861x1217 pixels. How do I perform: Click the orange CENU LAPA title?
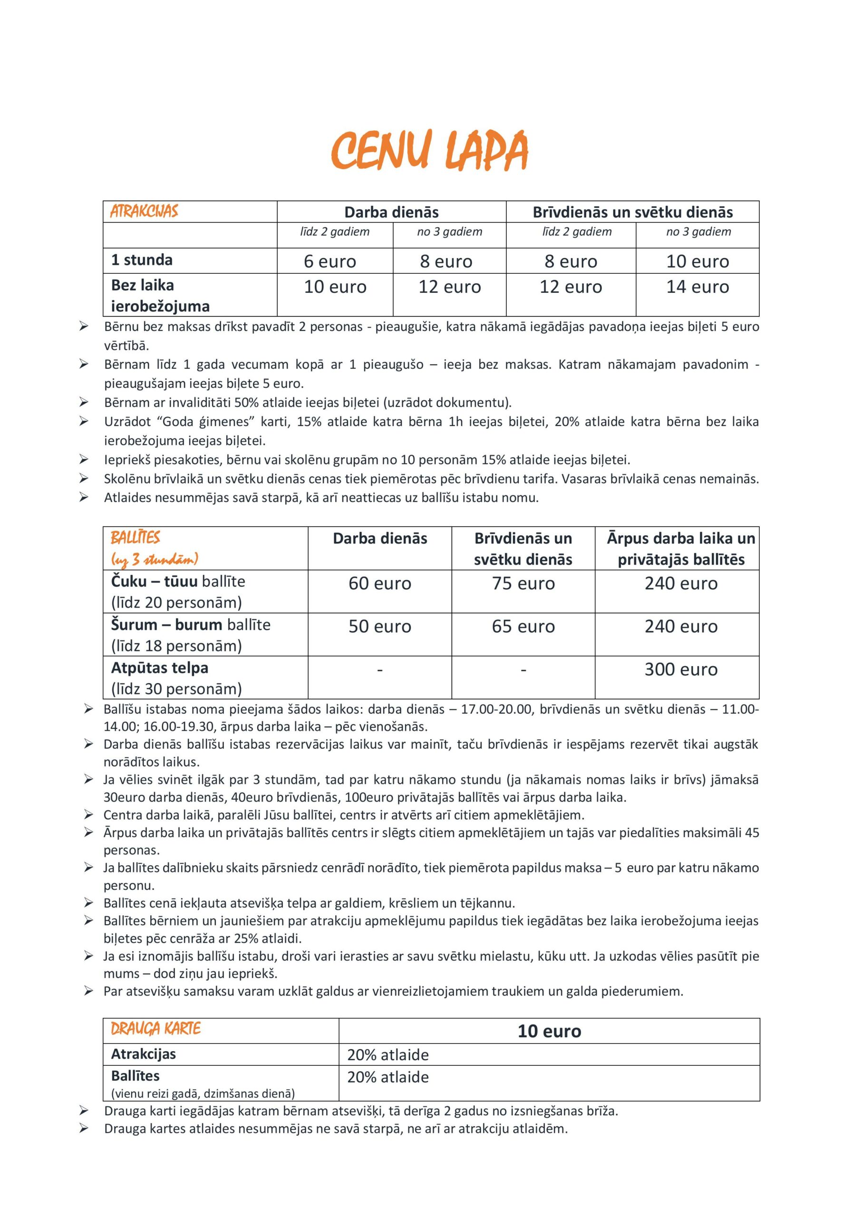(x=429, y=150)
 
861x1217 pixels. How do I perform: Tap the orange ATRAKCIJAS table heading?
(x=144, y=212)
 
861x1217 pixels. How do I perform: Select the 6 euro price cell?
(x=330, y=261)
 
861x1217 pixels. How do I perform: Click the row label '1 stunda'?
(x=142, y=260)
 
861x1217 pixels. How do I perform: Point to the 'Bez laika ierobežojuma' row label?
(x=160, y=295)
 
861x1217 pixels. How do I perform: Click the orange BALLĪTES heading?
(x=135, y=538)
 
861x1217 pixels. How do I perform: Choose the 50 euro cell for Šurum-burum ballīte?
(x=379, y=626)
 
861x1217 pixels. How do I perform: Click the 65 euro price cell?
(x=523, y=626)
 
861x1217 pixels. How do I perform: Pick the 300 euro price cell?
(x=681, y=669)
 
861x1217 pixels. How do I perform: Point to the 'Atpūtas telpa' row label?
(x=160, y=667)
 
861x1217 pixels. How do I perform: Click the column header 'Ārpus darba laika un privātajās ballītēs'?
(x=681, y=549)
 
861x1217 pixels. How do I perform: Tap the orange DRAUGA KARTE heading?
(x=156, y=1029)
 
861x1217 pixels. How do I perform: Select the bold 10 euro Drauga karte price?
(x=549, y=1031)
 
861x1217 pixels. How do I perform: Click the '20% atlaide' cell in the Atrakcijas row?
(x=388, y=1055)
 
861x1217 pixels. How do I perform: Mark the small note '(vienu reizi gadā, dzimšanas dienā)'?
(x=203, y=1093)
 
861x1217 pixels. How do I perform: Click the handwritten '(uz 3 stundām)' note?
(x=155, y=559)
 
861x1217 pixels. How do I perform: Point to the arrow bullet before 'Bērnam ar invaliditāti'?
(x=84, y=402)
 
